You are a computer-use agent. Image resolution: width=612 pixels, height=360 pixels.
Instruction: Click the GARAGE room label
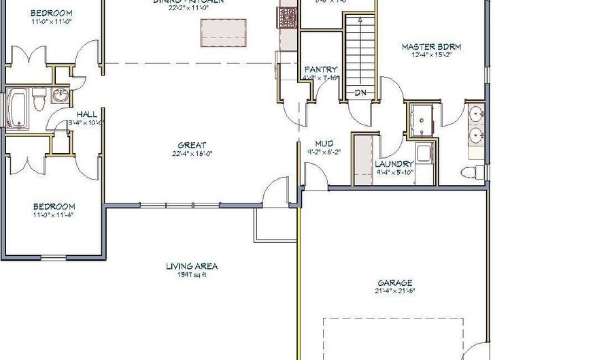pyautogui.click(x=395, y=282)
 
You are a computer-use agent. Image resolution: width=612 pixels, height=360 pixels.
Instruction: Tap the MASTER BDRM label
pyautogui.click(x=431, y=47)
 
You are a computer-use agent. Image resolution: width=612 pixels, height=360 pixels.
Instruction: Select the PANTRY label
pyautogui.click(x=321, y=69)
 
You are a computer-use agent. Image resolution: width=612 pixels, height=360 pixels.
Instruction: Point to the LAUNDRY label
pyautogui.click(x=394, y=164)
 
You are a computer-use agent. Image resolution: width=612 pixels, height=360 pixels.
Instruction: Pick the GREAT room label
pyautogui.click(x=192, y=145)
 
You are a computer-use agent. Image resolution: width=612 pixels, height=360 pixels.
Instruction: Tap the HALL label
pyautogui.click(x=87, y=114)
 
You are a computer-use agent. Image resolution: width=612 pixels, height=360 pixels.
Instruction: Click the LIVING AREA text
pyautogui.click(x=192, y=267)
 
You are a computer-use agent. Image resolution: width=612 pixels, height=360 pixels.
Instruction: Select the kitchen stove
pyautogui.click(x=286, y=16)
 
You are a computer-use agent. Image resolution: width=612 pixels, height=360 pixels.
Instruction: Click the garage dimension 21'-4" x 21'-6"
pyautogui.click(x=395, y=291)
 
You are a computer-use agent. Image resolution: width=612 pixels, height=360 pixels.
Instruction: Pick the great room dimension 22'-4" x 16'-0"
pyautogui.click(x=192, y=153)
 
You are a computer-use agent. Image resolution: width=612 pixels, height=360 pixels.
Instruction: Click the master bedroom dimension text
pyautogui.click(x=431, y=56)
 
